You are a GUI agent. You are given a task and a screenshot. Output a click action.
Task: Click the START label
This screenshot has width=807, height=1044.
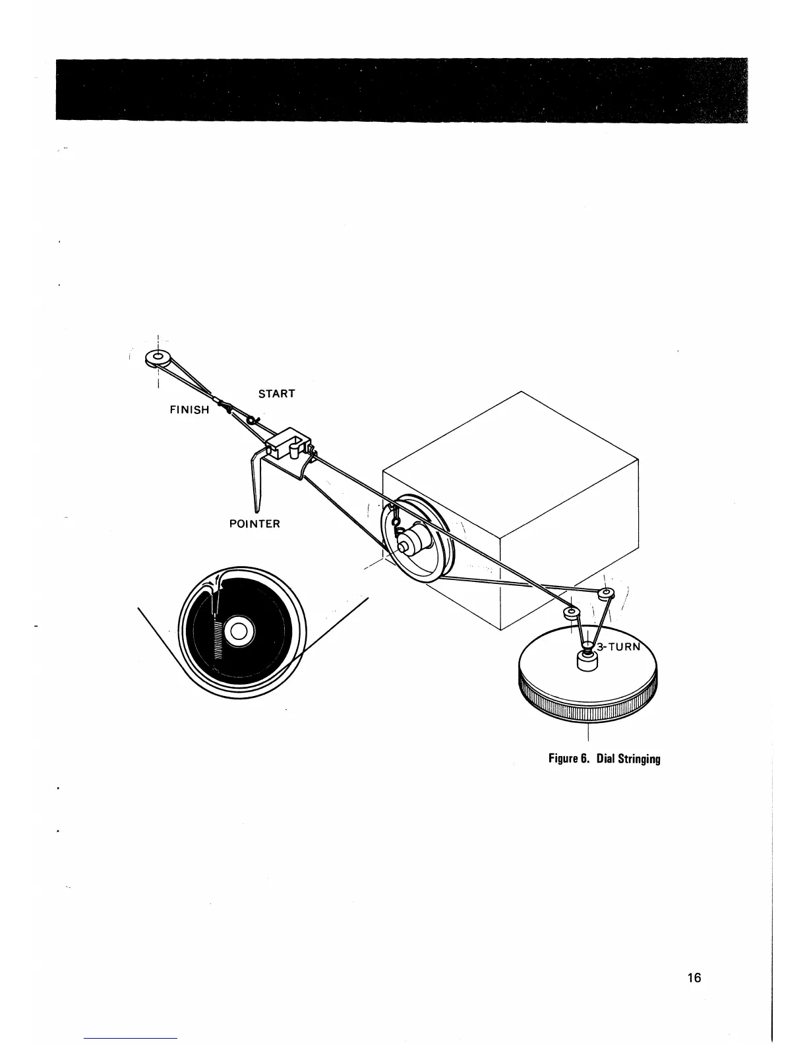276,393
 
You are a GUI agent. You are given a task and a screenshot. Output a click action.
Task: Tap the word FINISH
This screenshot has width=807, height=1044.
189,409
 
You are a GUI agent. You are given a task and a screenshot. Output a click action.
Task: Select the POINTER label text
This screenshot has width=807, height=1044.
254,524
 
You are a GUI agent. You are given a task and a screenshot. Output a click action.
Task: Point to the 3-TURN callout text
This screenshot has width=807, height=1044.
618,647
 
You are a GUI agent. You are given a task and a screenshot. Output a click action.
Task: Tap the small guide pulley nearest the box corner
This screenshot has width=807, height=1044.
571,614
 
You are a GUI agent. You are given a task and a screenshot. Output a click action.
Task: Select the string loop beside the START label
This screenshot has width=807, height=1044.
253,420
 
